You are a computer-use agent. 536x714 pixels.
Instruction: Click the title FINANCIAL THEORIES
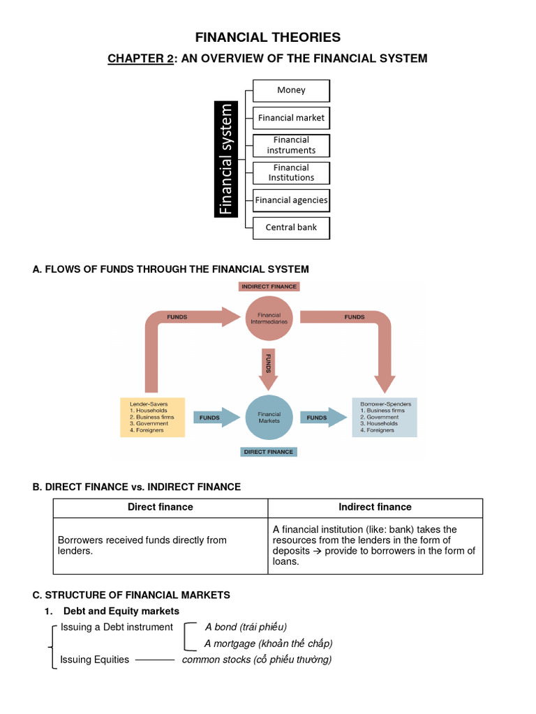coord(268,38)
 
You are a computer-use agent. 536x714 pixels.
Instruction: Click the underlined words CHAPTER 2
coord(140,59)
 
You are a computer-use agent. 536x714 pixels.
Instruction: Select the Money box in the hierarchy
coord(291,90)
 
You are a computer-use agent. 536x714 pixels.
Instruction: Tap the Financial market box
coord(291,118)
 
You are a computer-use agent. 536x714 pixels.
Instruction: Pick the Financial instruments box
coord(291,145)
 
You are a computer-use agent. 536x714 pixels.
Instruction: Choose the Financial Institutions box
coord(291,173)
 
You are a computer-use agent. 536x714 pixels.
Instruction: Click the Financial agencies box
coord(291,200)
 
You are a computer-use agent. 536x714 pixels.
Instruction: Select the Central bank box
coord(291,227)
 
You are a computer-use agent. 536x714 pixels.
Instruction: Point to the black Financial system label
coord(225,159)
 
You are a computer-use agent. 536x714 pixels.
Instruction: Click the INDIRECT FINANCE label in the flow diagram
coord(269,287)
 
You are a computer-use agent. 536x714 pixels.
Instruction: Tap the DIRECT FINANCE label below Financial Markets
coord(269,452)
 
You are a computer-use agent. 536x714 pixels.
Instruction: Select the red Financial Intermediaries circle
coord(269,319)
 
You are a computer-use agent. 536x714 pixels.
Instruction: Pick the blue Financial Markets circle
coord(269,418)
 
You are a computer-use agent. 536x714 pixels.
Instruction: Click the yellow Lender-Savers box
coord(152,417)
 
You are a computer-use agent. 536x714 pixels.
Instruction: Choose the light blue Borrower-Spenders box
coord(385,417)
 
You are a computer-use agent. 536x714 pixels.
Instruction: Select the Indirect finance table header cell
coord(375,508)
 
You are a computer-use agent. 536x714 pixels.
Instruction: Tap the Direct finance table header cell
coord(161,508)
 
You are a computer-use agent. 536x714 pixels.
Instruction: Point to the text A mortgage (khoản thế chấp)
coord(268,644)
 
